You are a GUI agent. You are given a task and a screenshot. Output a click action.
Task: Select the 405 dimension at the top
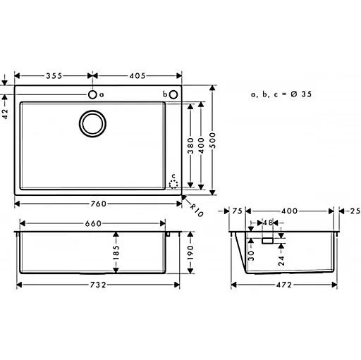(x=138, y=74)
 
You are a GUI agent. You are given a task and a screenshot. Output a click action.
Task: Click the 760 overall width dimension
(x=98, y=204)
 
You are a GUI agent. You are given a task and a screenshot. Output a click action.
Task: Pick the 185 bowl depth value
(x=116, y=252)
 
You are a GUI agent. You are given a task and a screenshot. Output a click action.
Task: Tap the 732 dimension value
(x=98, y=285)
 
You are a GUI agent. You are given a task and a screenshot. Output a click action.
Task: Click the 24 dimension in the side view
(x=281, y=259)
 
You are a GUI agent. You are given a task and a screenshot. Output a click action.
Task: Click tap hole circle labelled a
(x=92, y=94)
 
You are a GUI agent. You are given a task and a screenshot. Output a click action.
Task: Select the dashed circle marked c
(x=173, y=182)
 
